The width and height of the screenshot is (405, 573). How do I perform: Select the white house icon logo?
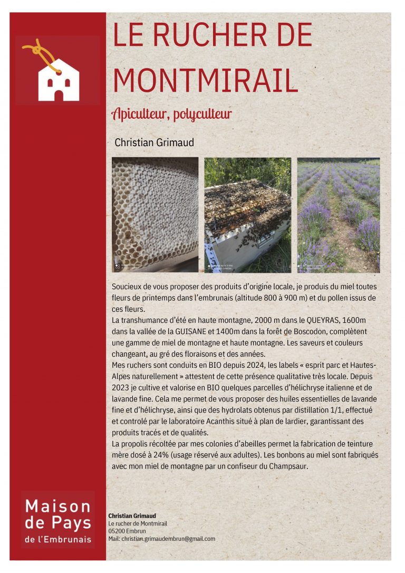pyautogui.click(x=59, y=80)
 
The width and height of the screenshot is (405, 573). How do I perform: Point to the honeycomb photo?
pyautogui.click(x=155, y=215)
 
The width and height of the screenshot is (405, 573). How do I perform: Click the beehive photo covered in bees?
pyautogui.click(x=247, y=215)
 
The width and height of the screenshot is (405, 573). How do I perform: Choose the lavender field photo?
pyautogui.click(x=338, y=215)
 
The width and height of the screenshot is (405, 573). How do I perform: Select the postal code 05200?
pyautogui.click(x=117, y=531)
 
